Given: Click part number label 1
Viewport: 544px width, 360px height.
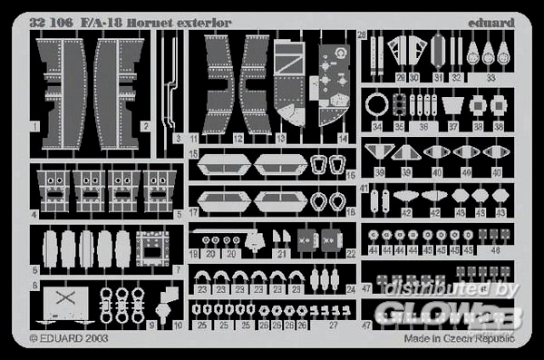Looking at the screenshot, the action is [33, 125].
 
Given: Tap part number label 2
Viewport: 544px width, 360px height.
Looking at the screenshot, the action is [145, 125].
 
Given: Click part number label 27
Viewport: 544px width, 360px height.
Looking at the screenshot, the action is [334, 324].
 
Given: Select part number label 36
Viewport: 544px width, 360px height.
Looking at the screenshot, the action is [421, 128].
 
